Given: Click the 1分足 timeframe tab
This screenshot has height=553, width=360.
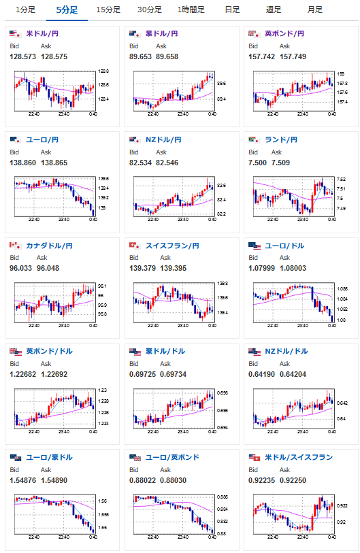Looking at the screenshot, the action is coord(25,10).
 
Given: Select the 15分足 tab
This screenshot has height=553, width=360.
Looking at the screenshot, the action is coord(108,10).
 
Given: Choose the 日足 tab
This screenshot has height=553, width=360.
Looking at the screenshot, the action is coord(232,10).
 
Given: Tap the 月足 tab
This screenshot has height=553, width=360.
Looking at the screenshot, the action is coord(315,10).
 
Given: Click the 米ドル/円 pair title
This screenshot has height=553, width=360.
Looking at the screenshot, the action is coord(42,34).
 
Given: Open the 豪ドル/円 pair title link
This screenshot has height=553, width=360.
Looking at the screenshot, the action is coord(162,34).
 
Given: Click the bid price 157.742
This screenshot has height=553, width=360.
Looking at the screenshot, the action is coord(261,56).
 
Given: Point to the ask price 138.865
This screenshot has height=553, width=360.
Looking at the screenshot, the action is coord(54,163).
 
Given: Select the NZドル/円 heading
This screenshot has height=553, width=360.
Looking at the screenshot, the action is coord(163,140).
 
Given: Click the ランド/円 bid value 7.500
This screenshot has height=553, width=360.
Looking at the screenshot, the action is coord(258,163).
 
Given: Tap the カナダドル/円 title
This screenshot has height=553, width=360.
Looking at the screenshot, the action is coord(50,246).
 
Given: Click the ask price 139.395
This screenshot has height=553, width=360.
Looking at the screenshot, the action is coord(174,269).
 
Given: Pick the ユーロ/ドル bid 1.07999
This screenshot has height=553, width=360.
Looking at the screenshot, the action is coord(261,269).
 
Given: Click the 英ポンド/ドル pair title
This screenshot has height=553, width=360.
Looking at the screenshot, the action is coord(50,352).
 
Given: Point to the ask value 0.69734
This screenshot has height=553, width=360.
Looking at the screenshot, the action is coord(174,375).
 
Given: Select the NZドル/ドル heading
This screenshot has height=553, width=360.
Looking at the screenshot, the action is coord(287,352).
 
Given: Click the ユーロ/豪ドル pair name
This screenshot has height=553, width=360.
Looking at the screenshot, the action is coord(50,458).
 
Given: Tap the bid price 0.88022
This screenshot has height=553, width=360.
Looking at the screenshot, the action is coord(143,481).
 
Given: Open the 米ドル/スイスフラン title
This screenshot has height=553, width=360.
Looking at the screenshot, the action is coord(299,458).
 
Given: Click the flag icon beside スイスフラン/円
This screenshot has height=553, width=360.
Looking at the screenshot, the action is coord(135,246).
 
